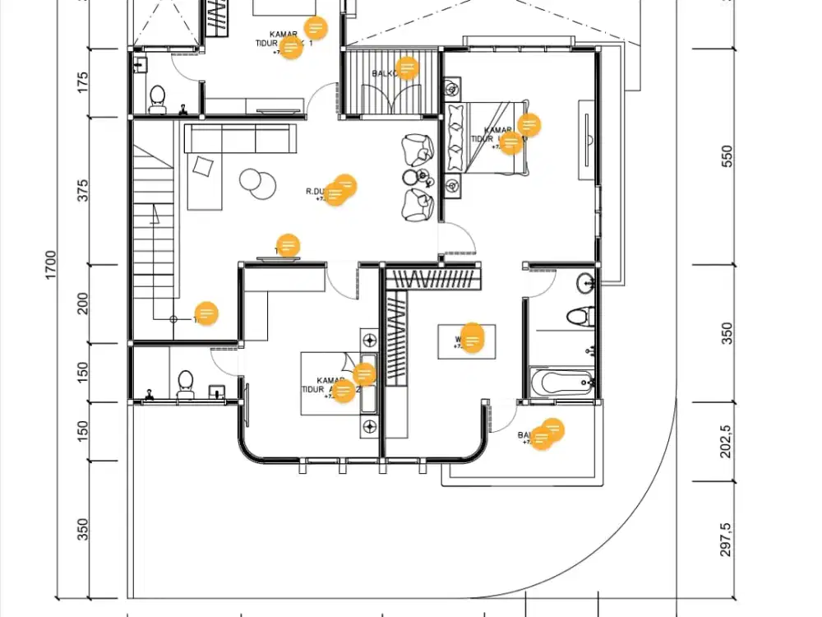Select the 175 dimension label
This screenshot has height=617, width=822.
[83, 82]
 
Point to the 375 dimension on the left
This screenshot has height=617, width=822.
[83, 191]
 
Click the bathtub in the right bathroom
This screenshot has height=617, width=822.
[561, 381]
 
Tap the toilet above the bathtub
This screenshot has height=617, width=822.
[581, 315]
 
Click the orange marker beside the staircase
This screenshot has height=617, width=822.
[206, 313]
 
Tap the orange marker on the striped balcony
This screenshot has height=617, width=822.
[407, 67]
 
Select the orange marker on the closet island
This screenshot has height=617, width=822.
[472, 337]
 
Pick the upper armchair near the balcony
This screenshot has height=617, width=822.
[418, 150]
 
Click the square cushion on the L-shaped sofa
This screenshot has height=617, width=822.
[203, 167]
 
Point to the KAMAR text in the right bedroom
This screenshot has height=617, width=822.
[496, 131]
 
